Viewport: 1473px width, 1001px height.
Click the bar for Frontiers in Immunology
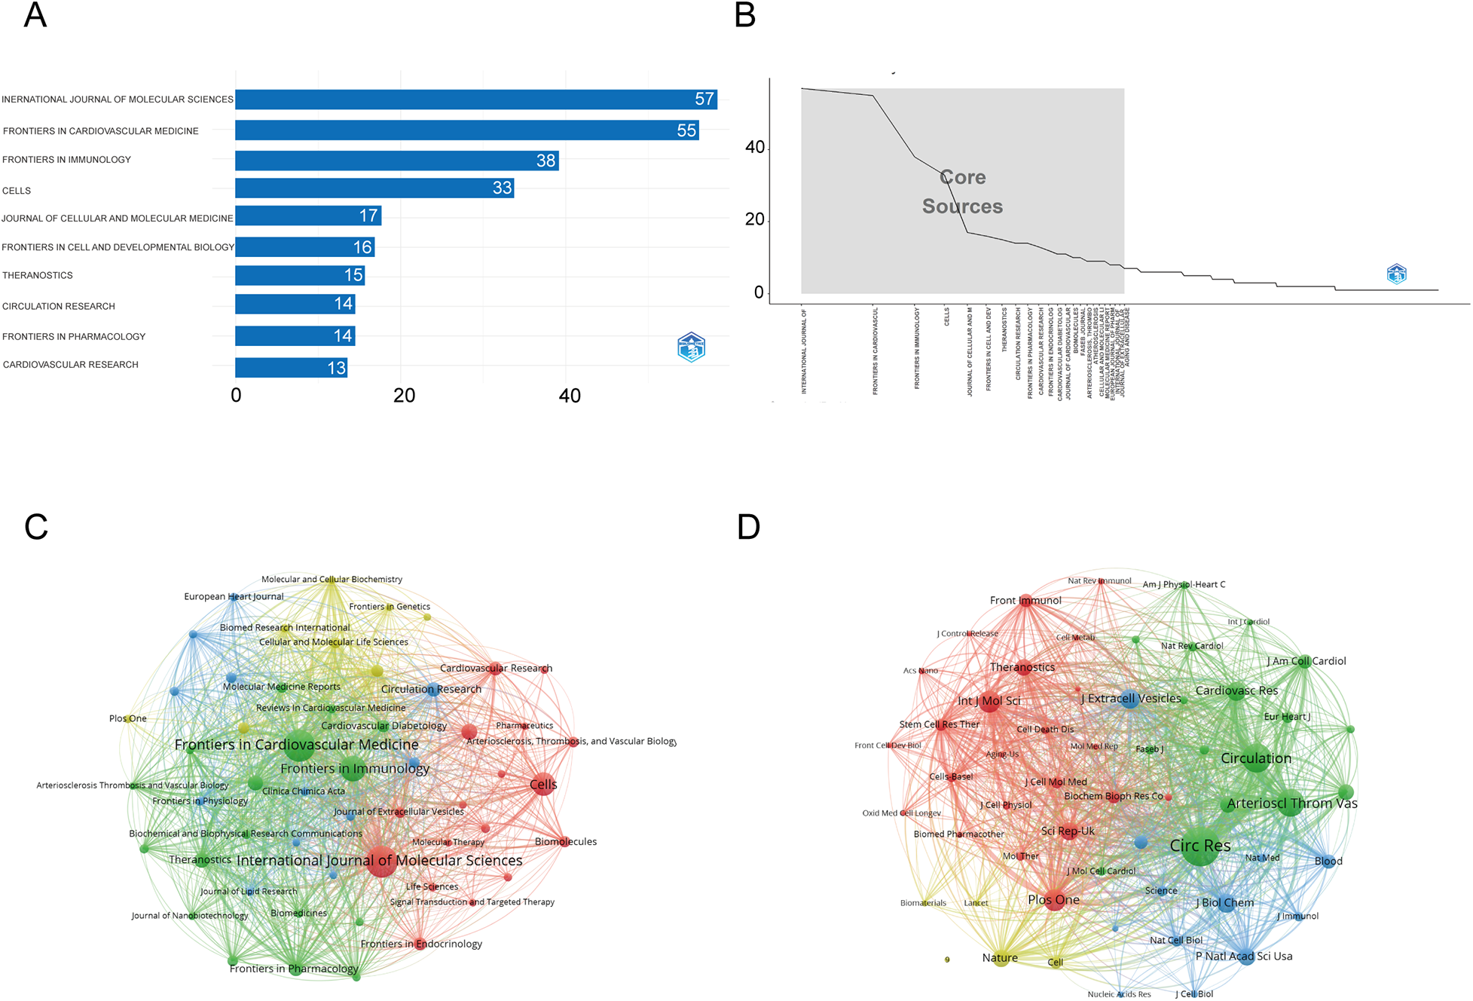coord(396,161)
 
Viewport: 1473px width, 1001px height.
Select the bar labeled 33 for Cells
coord(374,188)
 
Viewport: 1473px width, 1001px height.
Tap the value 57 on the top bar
coord(704,99)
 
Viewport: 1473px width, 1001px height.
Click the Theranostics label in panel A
coord(38,276)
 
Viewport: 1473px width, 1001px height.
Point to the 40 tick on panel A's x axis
coord(570,396)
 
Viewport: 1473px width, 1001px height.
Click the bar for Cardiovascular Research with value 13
coord(291,368)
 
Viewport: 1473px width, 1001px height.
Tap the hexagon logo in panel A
coord(691,347)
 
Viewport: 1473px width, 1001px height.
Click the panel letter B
coord(744,16)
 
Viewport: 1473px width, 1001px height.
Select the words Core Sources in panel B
coord(962,192)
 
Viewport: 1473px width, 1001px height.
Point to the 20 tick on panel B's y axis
coord(754,219)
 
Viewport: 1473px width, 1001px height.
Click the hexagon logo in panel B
coord(1396,274)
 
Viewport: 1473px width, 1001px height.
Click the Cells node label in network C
coord(543,785)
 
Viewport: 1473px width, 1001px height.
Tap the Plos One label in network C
coord(127,718)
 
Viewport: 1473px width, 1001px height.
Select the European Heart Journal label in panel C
coord(234,596)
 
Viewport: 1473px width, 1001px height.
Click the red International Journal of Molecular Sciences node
coord(381,862)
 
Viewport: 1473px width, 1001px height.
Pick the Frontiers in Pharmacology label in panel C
coord(294,969)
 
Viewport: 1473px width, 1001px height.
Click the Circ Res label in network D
coord(1199,846)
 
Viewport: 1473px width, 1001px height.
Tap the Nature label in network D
coord(1000,958)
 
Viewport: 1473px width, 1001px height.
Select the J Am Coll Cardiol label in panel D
coord(1306,661)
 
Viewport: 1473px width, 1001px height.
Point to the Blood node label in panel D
coord(1328,861)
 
